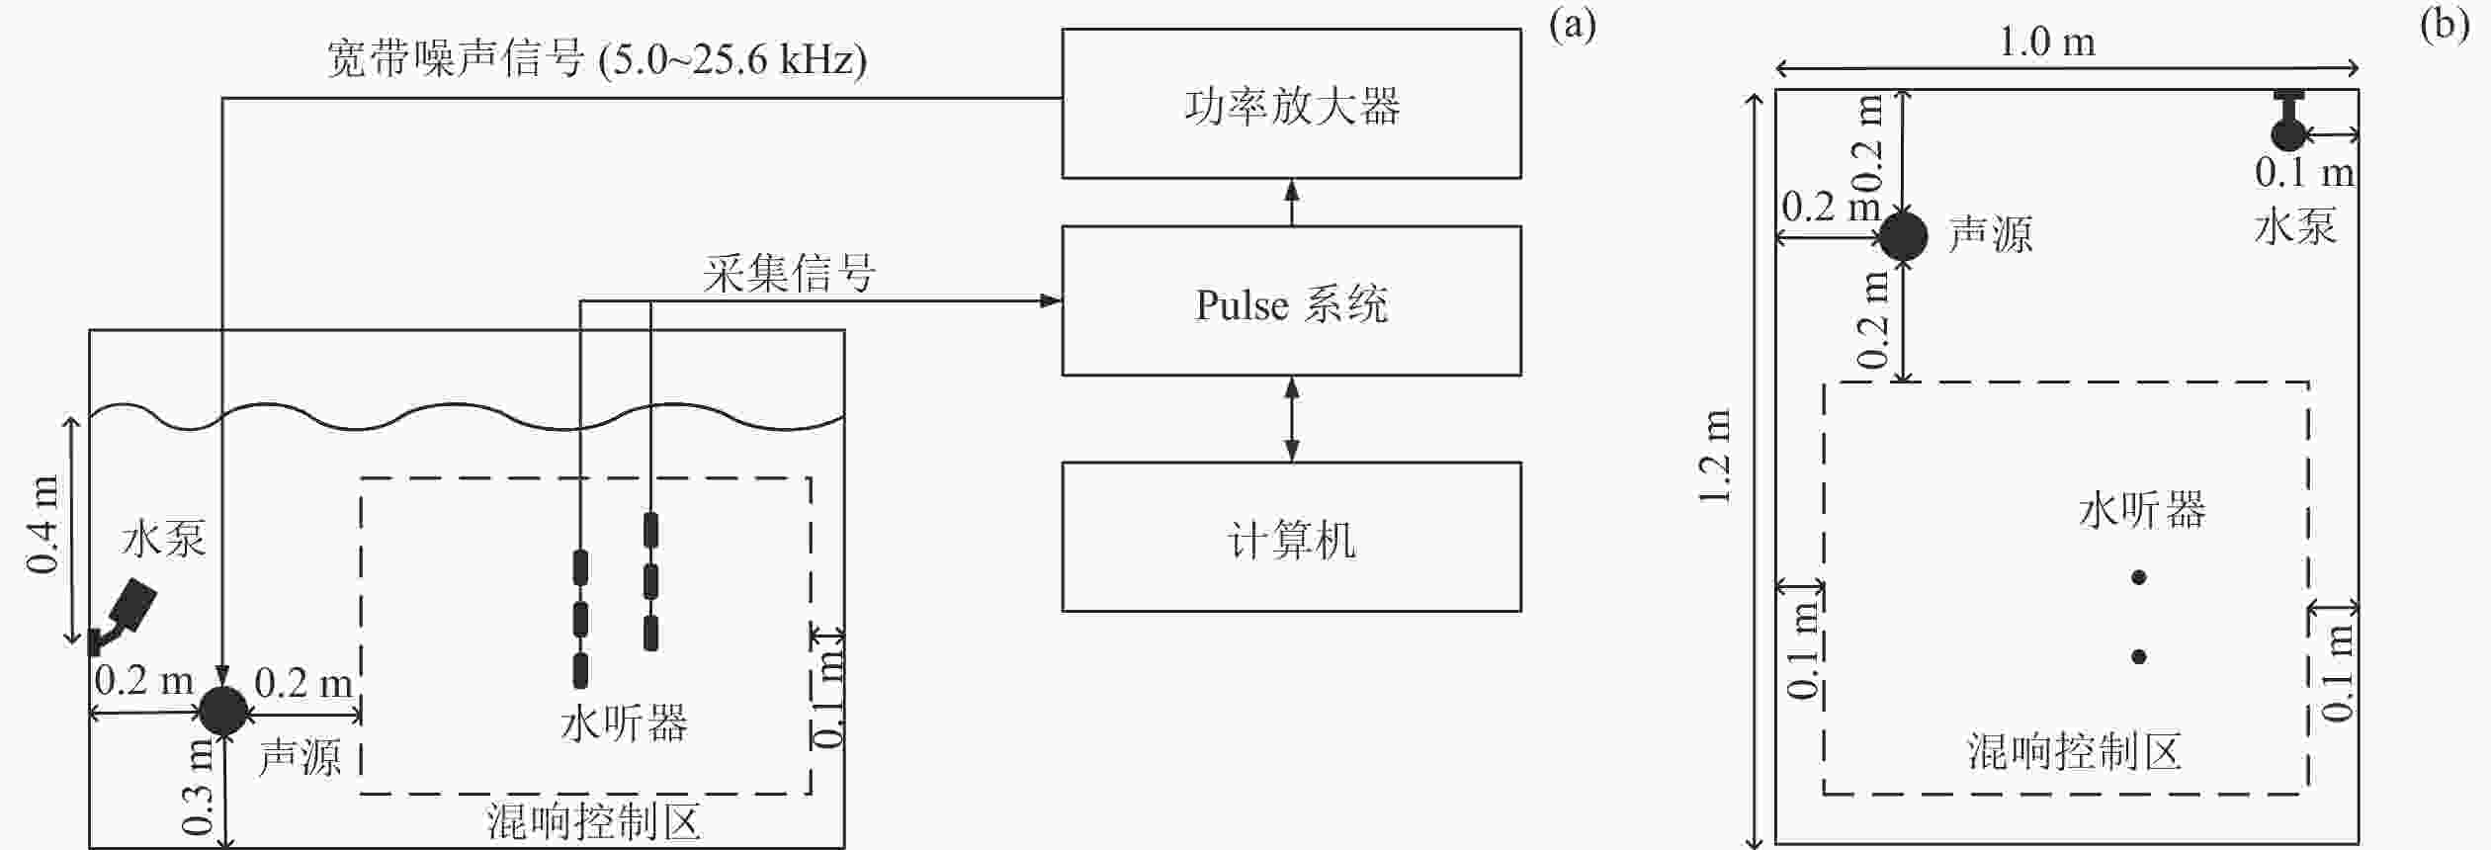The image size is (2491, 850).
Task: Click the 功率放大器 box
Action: point(1291,104)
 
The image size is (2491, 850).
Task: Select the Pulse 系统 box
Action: point(1291,300)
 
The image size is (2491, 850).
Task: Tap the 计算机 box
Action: point(1291,537)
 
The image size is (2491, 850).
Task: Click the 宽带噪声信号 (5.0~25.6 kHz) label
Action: point(597,59)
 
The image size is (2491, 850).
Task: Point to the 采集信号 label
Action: point(790,273)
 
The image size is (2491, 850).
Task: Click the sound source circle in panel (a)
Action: point(223,711)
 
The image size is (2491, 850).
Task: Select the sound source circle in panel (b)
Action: point(1903,236)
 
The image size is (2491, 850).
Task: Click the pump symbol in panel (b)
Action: point(2288,122)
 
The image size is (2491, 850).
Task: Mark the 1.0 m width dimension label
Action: point(2047,42)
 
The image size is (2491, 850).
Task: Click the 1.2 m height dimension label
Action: point(1716,457)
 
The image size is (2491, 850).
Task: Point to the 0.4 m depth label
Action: point(43,525)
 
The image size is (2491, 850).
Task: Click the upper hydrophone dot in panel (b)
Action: point(2139,577)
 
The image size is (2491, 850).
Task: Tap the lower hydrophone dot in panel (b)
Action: point(2139,656)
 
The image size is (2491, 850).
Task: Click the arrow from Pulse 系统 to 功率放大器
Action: point(1291,203)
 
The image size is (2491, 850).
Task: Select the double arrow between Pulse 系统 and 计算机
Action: point(1291,419)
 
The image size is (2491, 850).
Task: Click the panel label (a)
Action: point(1573,25)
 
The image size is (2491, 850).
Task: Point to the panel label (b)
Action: point(2446,25)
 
